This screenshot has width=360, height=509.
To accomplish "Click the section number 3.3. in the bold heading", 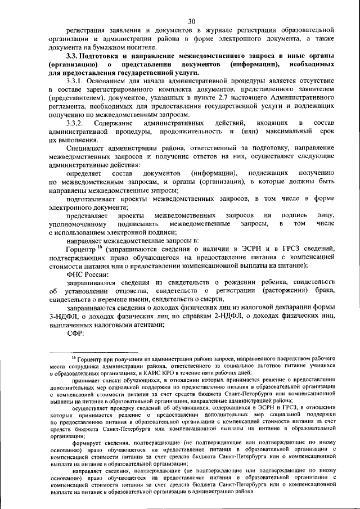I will [74, 57].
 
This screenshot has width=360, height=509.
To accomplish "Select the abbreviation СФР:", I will [75, 333].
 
